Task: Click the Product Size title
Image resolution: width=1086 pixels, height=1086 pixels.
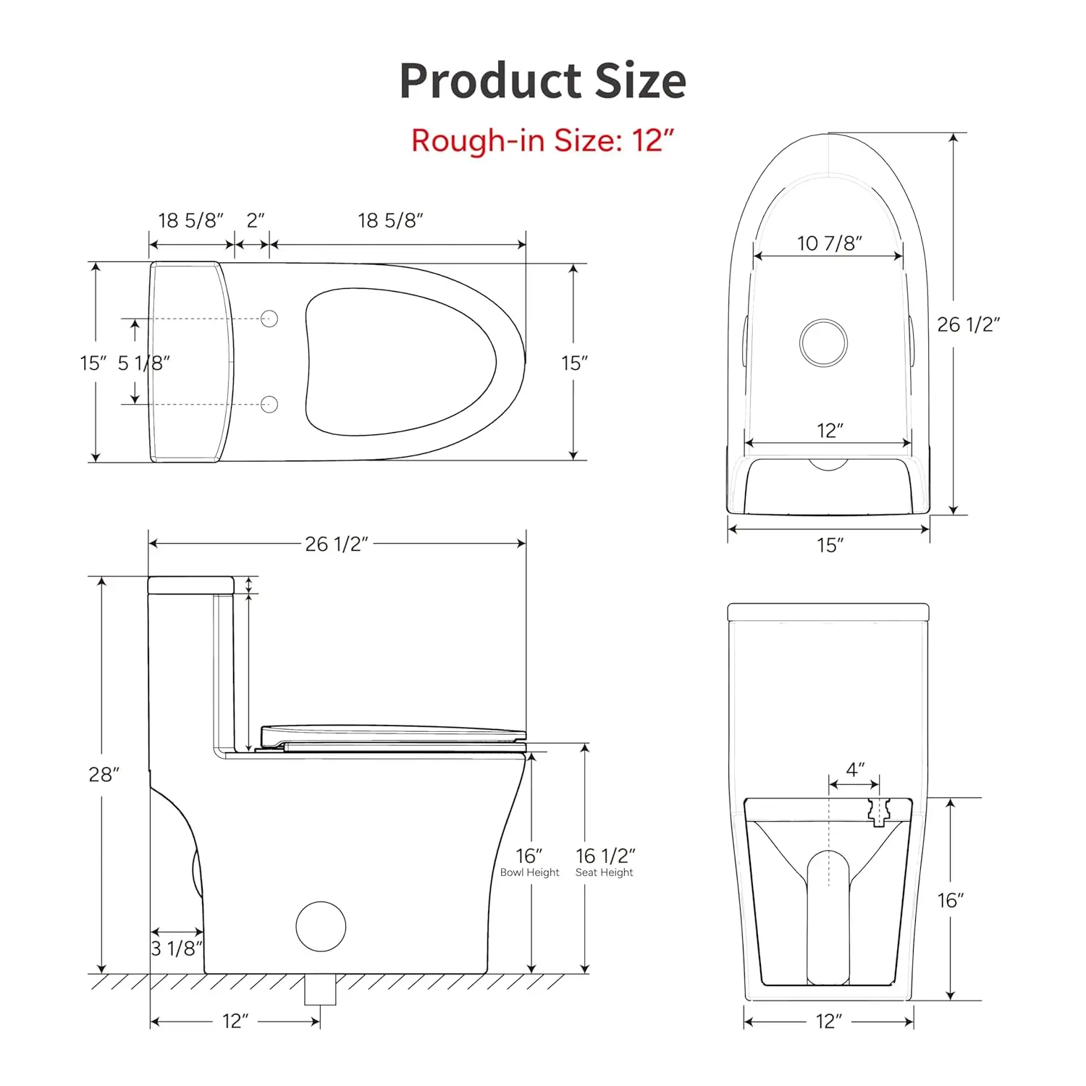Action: coord(543,80)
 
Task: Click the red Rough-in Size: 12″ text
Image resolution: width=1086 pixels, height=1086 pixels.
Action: coord(543,140)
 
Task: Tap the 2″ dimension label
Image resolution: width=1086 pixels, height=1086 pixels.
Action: coord(256,220)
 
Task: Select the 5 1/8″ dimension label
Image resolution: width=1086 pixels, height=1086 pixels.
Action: coord(144,363)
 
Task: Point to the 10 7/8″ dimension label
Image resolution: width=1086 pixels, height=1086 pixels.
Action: coord(830,243)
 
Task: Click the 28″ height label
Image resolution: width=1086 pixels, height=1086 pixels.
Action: coord(104,775)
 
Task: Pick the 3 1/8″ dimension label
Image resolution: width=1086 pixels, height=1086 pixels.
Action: coord(177,948)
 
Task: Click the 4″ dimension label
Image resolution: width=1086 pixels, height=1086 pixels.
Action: coord(856,770)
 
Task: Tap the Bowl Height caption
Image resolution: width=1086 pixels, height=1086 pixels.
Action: coord(530,872)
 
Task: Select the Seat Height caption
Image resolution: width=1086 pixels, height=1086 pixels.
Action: coord(605,872)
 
